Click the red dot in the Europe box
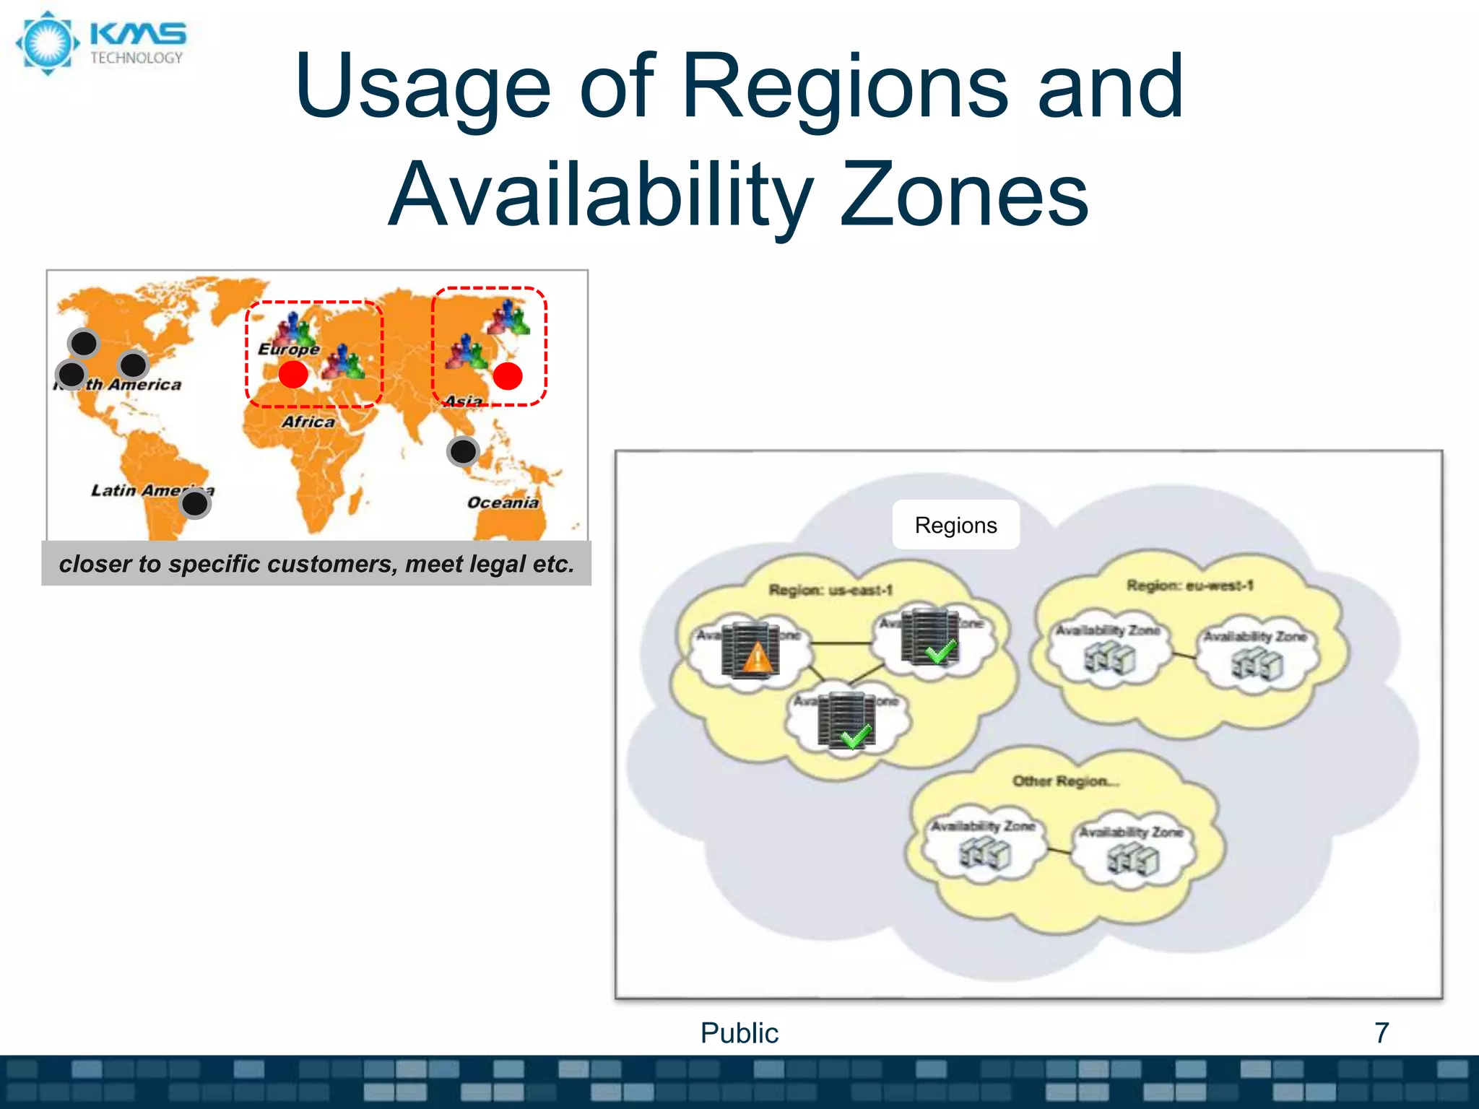pos(293,374)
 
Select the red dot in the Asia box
pos(508,376)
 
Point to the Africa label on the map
pos(308,422)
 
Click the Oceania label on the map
pos(503,503)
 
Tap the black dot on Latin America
pos(195,503)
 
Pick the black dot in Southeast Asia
pos(463,452)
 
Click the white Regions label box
pos(955,525)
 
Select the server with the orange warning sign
pos(751,650)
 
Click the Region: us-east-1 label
pos(830,591)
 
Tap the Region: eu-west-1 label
pos(1189,586)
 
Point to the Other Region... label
pos(1065,781)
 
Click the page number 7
pos(1381,1032)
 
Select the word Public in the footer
pos(739,1032)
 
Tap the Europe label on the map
pos(289,349)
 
